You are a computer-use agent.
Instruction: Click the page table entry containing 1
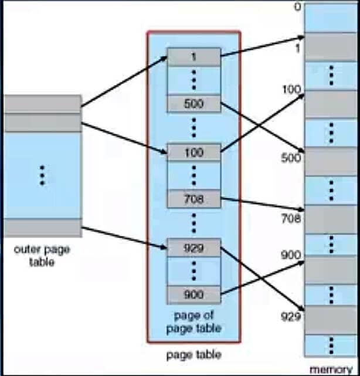(x=193, y=57)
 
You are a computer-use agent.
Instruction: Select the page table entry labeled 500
(x=193, y=104)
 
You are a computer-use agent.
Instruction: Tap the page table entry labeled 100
(x=193, y=153)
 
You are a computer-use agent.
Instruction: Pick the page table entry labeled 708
(x=193, y=199)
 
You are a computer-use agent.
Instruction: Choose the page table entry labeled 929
(x=193, y=248)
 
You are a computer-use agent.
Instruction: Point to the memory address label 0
(x=297, y=7)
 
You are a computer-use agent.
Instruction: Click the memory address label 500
(x=291, y=157)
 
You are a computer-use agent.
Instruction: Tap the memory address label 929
(x=291, y=317)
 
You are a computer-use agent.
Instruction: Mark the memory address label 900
(x=291, y=255)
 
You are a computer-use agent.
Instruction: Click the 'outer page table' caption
(x=42, y=256)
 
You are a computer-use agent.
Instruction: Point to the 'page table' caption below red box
(x=193, y=355)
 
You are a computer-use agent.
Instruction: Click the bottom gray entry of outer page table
(x=42, y=228)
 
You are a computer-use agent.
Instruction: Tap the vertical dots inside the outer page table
(x=42, y=175)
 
